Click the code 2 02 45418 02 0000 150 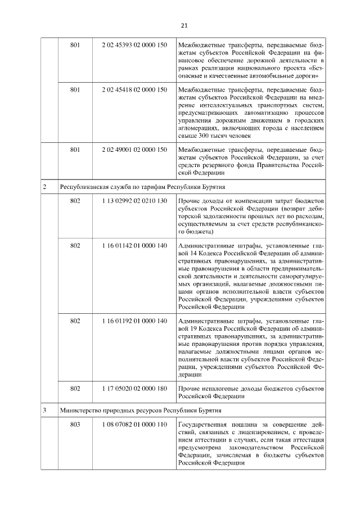[135, 89]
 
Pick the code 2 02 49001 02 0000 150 [135, 150]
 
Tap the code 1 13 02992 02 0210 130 [135, 201]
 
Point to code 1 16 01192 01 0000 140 [135, 321]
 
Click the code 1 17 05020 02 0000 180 [135, 389]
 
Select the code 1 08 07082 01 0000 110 [135, 424]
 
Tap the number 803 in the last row [75, 424]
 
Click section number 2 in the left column [45, 186]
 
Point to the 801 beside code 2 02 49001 [75, 150]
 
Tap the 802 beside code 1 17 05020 [75, 389]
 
